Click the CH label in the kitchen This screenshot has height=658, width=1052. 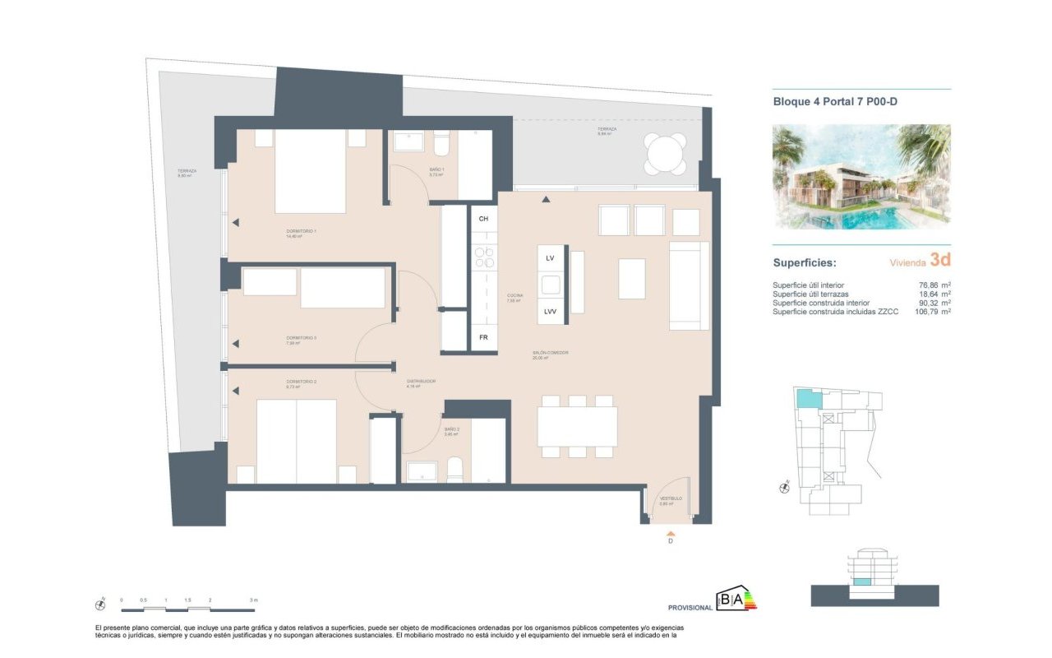click(x=483, y=219)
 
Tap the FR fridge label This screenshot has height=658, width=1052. click(x=483, y=338)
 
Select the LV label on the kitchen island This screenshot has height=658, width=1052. click(x=551, y=258)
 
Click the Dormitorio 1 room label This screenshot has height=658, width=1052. click(x=301, y=233)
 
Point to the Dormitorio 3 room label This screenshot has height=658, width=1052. click(x=301, y=338)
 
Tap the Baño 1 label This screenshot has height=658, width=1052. click(x=436, y=170)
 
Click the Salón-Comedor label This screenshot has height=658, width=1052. click(x=551, y=354)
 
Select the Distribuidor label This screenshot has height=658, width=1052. click(x=420, y=382)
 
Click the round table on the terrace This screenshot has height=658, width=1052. click(x=665, y=152)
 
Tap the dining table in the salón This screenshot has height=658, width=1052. click(x=577, y=426)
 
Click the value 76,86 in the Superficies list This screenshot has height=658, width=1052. click(x=929, y=285)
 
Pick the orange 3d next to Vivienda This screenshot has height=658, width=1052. click(x=941, y=261)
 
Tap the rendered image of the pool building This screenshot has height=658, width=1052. click(x=861, y=176)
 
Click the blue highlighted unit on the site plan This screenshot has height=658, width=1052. click(x=809, y=400)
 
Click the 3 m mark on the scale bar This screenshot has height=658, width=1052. click(x=254, y=600)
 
